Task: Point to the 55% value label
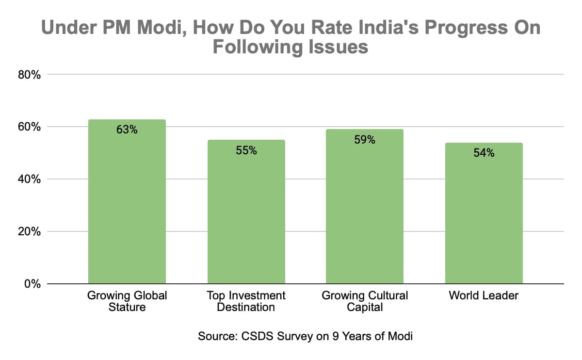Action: point(246,150)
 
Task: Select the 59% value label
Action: point(365,140)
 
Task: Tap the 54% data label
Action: point(484,153)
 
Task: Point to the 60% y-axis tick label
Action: point(30,127)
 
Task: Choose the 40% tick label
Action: point(30,180)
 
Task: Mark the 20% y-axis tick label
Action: point(30,231)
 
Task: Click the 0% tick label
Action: point(32,284)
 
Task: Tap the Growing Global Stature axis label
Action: point(127,301)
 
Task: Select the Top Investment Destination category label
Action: point(246,301)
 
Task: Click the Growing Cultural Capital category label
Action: point(365,301)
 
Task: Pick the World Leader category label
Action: point(484,295)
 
